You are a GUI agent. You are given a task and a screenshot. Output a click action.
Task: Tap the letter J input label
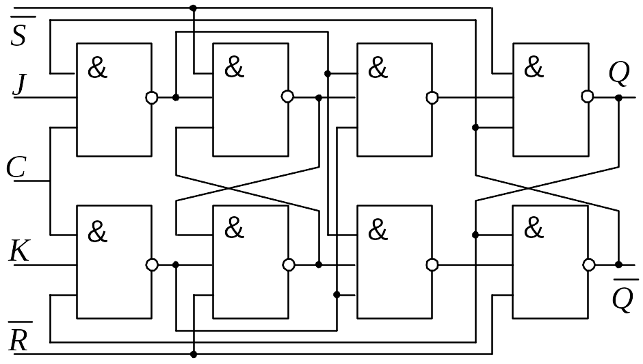pyautogui.click(x=19, y=83)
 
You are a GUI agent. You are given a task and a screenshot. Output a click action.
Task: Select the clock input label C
pyautogui.click(x=16, y=168)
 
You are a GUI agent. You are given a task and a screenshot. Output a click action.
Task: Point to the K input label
pyautogui.click(x=19, y=251)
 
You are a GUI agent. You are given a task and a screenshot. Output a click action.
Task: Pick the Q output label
pyautogui.click(x=619, y=73)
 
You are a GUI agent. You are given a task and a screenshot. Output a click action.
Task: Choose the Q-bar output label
pyautogui.click(x=624, y=296)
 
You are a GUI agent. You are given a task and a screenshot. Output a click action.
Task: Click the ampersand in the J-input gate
pyautogui.click(x=97, y=68)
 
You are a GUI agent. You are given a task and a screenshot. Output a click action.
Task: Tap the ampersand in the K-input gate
pyautogui.click(x=97, y=232)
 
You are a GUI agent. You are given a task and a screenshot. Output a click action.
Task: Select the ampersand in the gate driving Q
pyautogui.click(x=534, y=67)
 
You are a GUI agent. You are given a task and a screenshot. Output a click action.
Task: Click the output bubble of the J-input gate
pyautogui.click(x=152, y=98)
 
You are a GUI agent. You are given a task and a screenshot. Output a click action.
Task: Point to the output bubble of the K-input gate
pyautogui.click(x=152, y=265)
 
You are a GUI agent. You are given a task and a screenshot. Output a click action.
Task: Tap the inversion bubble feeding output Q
pyautogui.click(x=588, y=97)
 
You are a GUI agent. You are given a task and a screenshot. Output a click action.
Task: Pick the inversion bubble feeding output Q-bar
pyautogui.click(x=589, y=265)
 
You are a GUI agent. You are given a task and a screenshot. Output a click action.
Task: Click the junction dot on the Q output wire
pyautogui.click(x=619, y=98)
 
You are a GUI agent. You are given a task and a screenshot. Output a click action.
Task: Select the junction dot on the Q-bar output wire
pyautogui.click(x=619, y=265)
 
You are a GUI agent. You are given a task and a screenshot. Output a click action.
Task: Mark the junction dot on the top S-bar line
pyautogui.click(x=194, y=8)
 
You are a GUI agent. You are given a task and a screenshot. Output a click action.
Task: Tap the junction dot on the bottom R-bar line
pyautogui.click(x=194, y=354)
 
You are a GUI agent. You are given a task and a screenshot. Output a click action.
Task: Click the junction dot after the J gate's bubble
pyautogui.click(x=176, y=98)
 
